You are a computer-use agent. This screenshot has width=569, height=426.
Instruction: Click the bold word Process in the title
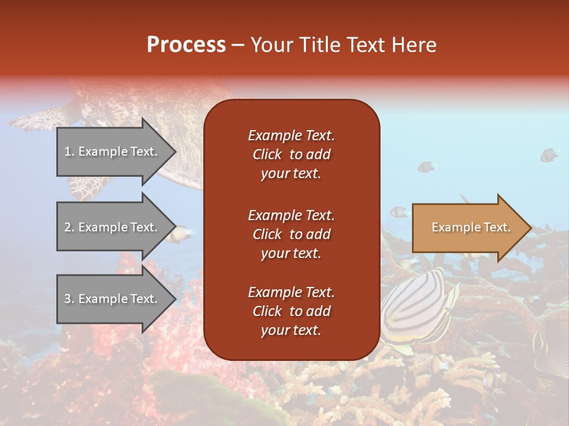[186, 45]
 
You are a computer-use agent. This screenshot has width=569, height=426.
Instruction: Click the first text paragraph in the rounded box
[291, 154]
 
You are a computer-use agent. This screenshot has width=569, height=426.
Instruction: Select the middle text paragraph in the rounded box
[291, 234]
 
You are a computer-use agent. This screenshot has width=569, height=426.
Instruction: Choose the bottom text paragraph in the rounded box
[291, 311]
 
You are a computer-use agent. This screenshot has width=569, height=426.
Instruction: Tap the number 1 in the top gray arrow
[68, 152]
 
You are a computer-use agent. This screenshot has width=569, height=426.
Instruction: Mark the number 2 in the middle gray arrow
[68, 228]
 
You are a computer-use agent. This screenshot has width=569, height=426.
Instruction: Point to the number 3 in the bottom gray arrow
[68, 299]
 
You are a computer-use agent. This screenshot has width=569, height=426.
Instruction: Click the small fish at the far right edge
[549, 155]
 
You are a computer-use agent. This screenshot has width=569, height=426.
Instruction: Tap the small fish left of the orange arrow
[398, 211]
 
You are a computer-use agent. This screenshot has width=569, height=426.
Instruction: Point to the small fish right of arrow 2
[177, 235]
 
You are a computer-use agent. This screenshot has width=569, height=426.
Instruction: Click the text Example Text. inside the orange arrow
[471, 228]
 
